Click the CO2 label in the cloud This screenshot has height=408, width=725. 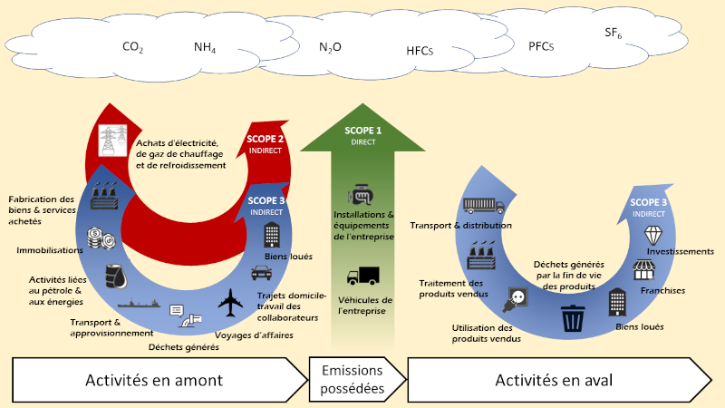coord(133,47)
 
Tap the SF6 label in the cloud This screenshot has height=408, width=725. coord(614,34)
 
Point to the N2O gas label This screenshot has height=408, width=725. coord(331,47)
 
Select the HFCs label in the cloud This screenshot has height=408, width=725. coord(420,52)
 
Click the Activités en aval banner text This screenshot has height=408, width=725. coord(555,380)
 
